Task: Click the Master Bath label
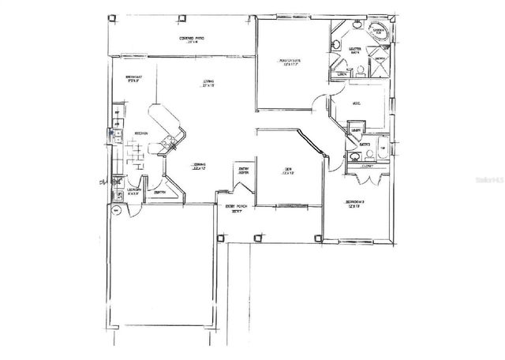pos(354,50)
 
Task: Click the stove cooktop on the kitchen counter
pos(167,144)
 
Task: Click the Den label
pos(288,171)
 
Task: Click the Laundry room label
pos(135,190)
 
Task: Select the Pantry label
pos(159,192)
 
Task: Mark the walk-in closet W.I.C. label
pos(357,103)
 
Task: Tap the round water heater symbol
pos(114,210)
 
